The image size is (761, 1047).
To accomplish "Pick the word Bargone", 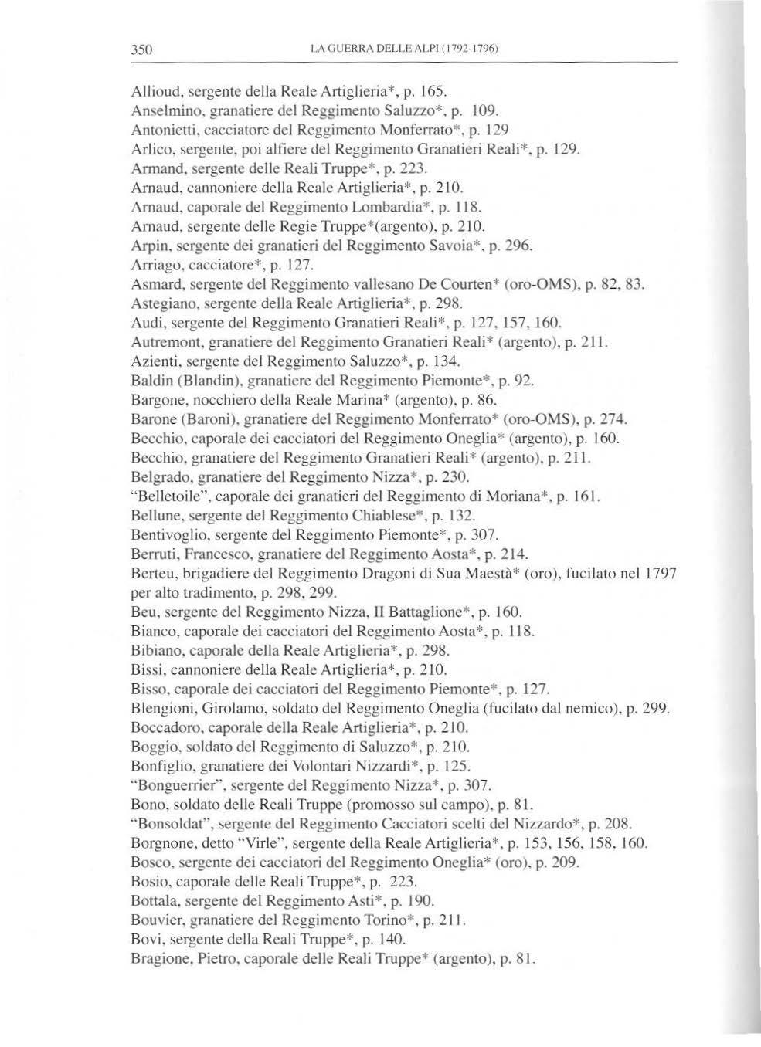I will (155, 400).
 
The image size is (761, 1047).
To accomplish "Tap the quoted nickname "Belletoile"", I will (166, 496).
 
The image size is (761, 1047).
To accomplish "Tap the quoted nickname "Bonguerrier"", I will (173, 785).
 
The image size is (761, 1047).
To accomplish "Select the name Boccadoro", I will (164, 727).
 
